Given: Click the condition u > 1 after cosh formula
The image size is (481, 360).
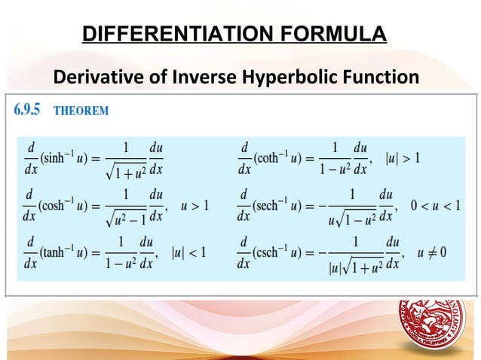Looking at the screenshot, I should click(194, 204).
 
